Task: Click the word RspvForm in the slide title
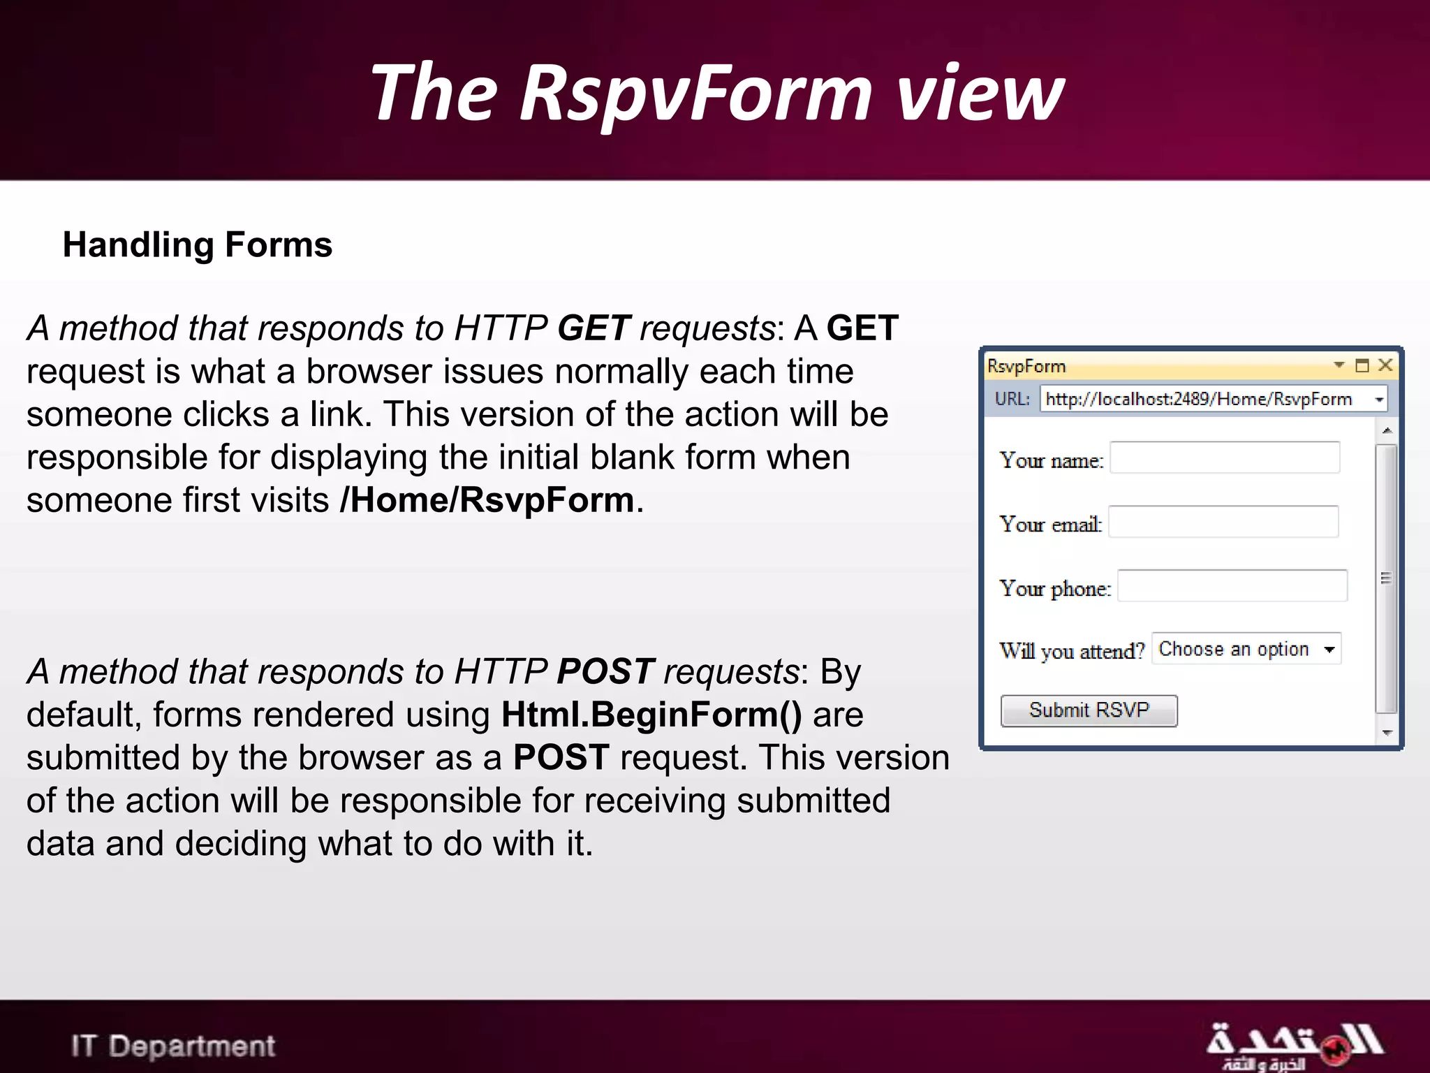click(x=695, y=93)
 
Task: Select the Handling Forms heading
click(x=198, y=245)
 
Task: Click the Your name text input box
click(x=1225, y=458)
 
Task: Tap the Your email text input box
click(x=1223, y=522)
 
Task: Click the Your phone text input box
click(x=1232, y=586)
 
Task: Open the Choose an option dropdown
click(x=1246, y=649)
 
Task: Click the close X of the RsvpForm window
click(x=1385, y=365)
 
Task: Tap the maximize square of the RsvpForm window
click(x=1362, y=365)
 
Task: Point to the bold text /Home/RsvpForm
click(x=487, y=500)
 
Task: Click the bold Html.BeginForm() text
click(x=651, y=715)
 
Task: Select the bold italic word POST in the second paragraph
click(x=605, y=672)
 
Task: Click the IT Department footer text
click(x=173, y=1046)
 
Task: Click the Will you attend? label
click(x=1072, y=651)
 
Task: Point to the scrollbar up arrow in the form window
click(x=1387, y=430)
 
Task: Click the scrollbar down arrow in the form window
click(x=1387, y=733)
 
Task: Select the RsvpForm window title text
click(x=1026, y=366)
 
